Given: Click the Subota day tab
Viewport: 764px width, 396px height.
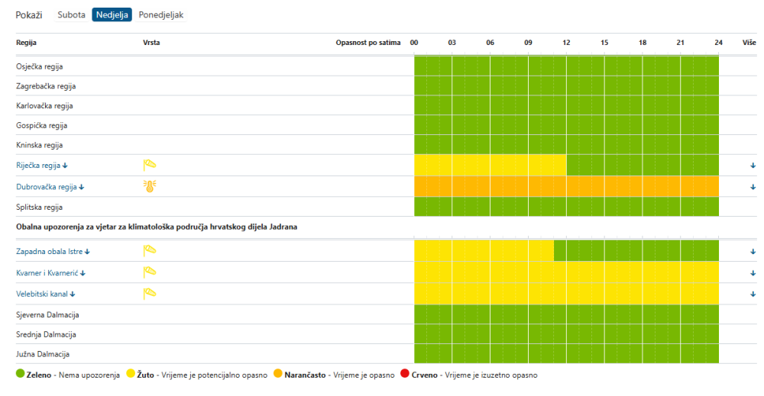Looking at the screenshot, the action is [x=71, y=14].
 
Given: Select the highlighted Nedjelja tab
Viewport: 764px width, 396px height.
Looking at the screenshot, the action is [x=112, y=14].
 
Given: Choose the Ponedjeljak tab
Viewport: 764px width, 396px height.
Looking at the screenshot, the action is [x=160, y=14].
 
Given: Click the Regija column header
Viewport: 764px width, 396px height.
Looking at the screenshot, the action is [x=26, y=43].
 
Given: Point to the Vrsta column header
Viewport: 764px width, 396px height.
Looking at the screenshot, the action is [x=151, y=43].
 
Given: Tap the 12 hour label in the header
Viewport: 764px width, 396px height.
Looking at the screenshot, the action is [x=566, y=43].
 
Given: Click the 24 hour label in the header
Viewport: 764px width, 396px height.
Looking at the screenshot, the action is [x=719, y=43].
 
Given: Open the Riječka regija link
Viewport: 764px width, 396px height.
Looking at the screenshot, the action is [x=42, y=166].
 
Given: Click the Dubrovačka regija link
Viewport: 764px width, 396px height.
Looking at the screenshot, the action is [x=50, y=187].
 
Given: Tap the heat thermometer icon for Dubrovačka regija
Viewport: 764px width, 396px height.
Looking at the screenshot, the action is [x=150, y=186].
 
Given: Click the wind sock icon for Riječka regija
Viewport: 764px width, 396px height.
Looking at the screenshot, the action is [x=150, y=165].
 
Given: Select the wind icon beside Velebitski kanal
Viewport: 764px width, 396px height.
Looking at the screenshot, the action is [x=150, y=293].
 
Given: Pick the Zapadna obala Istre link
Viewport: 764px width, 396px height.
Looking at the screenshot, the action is [x=53, y=252].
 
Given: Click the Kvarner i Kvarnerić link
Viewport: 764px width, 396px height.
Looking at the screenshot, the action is [x=50, y=273].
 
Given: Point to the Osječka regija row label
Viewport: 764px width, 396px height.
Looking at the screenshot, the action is [x=40, y=66].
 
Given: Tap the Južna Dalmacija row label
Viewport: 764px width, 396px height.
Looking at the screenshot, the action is [x=43, y=354].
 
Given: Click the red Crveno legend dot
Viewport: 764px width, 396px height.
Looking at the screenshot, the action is [x=404, y=374].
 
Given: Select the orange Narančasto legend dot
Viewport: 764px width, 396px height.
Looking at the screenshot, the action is [x=278, y=374].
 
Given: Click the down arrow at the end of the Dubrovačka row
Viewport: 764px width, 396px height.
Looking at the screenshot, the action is [x=753, y=187].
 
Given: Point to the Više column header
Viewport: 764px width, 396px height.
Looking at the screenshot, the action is [x=749, y=43].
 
